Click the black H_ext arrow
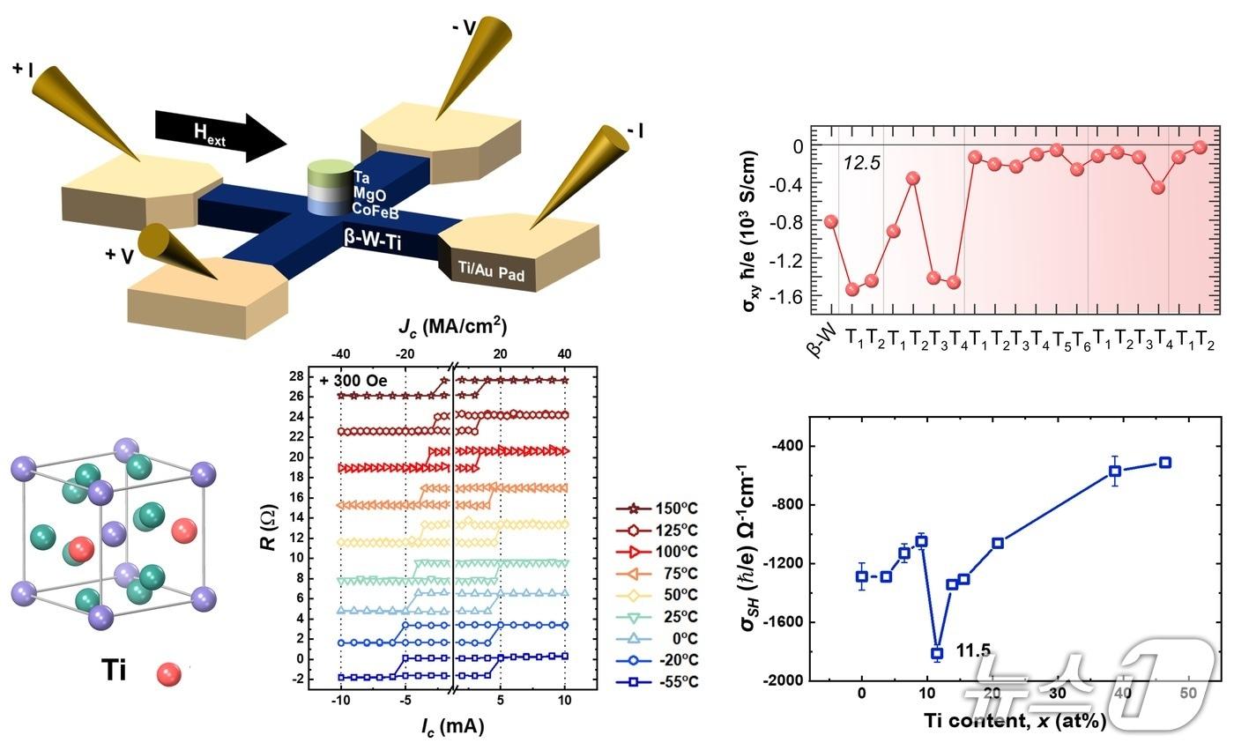220,135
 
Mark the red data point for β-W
831,221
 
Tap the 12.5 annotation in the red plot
862,164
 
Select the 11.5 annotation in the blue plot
973,651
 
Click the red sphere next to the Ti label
168,674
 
